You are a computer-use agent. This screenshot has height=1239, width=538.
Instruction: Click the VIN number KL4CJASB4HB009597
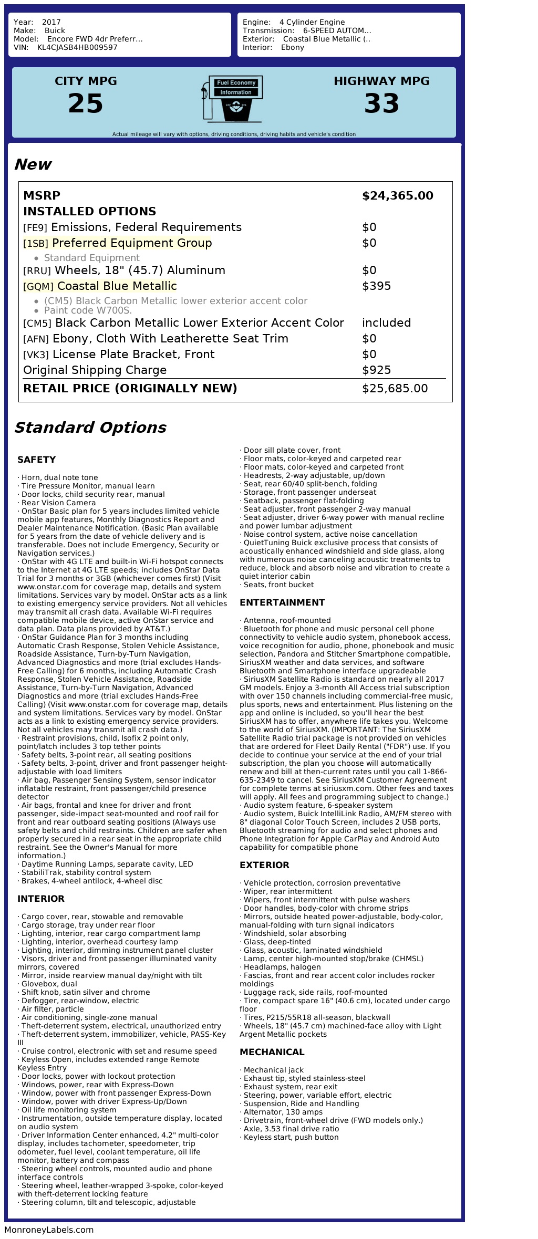[77, 47]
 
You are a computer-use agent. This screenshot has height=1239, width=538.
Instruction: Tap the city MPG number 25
[86, 103]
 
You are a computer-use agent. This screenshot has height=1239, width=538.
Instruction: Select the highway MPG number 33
[381, 103]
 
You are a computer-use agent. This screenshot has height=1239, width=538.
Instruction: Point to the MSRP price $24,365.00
[397, 196]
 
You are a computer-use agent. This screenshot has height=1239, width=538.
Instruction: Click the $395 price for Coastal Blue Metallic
[376, 286]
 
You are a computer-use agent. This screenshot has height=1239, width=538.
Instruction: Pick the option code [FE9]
[35, 228]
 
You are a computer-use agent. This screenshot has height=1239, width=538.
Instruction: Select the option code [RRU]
[37, 271]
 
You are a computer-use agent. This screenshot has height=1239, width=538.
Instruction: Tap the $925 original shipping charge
[376, 370]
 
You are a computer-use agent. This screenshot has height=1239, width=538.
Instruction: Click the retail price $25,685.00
[395, 389]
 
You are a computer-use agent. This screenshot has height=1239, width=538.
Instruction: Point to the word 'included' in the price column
[386, 323]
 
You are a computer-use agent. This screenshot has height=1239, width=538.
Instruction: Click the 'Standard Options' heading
[90, 428]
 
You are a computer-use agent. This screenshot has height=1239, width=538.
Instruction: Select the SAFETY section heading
[36, 460]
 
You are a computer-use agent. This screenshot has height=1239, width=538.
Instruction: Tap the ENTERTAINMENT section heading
[282, 602]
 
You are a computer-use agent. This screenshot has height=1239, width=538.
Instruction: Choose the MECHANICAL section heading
[272, 1052]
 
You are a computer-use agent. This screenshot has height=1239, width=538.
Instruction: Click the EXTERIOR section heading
[264, 865]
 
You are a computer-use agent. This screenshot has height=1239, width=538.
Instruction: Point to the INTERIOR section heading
[41, 899]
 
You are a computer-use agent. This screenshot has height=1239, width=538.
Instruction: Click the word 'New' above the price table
[33, 164]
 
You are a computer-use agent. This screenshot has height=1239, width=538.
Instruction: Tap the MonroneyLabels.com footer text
[49, 1229]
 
